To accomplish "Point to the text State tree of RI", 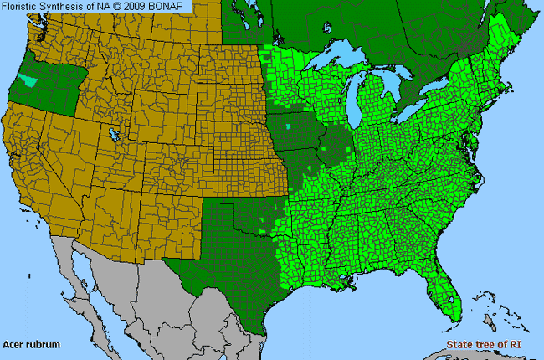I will [x=484, y=344].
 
